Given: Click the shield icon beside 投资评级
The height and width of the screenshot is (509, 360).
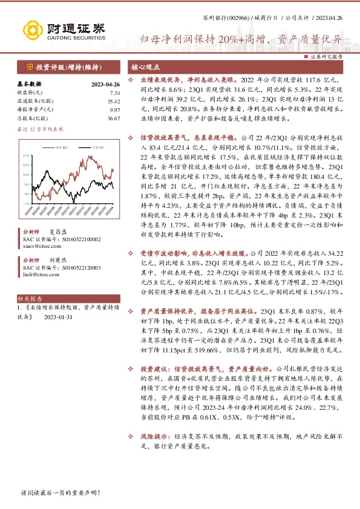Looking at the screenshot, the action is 28,67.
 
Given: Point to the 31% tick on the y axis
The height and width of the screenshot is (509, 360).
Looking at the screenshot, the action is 27,155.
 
